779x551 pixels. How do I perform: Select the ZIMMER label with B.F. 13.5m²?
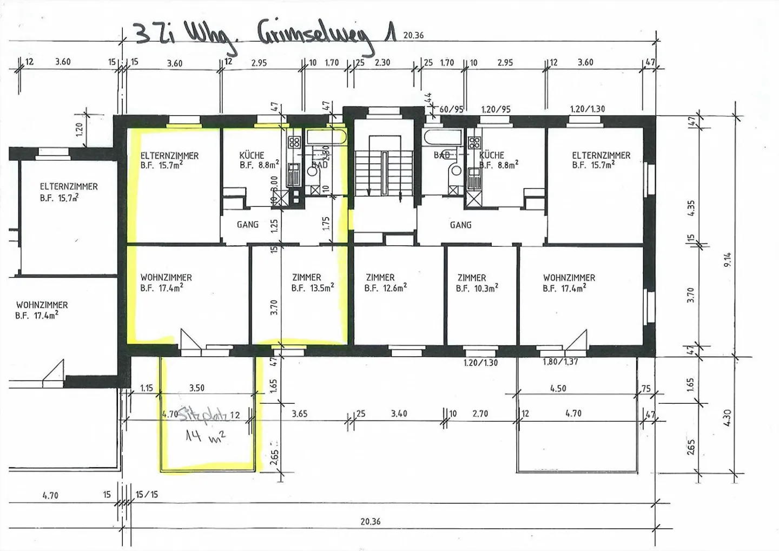pos(306,277)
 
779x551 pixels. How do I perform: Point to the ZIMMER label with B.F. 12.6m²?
pos(380,277)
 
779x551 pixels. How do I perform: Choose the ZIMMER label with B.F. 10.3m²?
pos(472,277)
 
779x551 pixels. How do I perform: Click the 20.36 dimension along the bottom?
pos(371,522)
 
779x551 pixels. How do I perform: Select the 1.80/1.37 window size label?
pos(560,362)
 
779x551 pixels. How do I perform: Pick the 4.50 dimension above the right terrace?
pos(558,388)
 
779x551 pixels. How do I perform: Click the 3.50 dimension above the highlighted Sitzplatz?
pos(197,388)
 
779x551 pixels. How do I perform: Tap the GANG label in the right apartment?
pos(460,225)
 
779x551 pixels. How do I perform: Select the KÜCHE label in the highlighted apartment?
pos(252,155)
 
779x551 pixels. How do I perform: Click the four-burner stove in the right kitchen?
pos(474,143)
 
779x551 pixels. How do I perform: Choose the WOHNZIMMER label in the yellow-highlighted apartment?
pos(166,277)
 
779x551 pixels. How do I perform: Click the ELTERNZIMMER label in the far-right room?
pos(601,155)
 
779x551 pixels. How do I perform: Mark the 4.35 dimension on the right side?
pos(691,208)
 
